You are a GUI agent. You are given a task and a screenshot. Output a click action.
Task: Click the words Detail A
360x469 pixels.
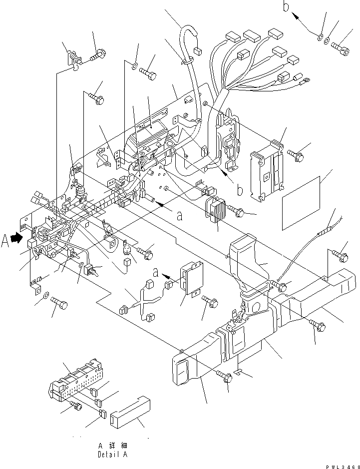(x=112, y=455)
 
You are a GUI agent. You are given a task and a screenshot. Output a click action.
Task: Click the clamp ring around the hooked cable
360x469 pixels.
(x=186, y=61)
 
